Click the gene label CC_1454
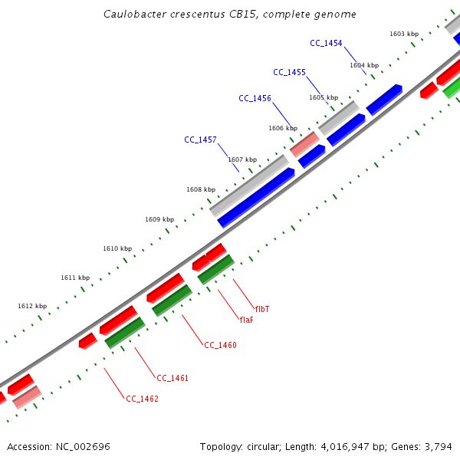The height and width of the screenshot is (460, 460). tap(326, 44)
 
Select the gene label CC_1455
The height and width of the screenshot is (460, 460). tap(289, 73)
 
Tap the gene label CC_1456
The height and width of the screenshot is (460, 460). tap(255, 99)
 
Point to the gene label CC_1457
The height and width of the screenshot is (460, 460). tap(200, 140)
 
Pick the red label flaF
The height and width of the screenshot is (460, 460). tap(246, 320)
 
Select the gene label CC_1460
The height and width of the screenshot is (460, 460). tap(220, 346)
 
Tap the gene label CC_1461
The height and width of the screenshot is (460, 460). tap(172, 379)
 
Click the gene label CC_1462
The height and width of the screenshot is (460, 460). tap(142, 399)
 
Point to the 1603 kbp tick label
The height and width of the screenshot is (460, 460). tap(404, 34)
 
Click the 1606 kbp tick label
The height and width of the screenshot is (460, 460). tap(282, 129)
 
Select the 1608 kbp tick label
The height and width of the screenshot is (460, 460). tap(201, 189)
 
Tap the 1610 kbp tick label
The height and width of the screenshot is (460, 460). tap(117, 249)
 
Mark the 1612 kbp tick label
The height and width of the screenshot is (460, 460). tap(32, 307)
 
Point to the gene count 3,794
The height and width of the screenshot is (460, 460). tap(438, 446)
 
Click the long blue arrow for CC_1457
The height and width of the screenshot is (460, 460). tap(256, 198)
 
